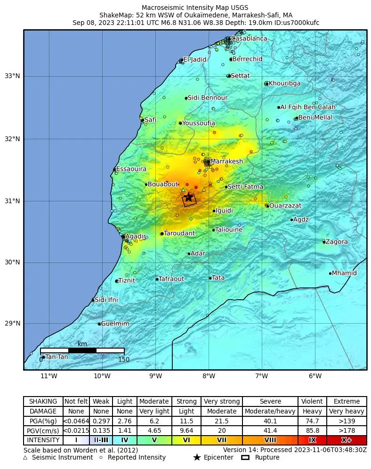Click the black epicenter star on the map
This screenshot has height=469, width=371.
coord(188,197)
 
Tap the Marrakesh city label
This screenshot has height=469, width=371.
coord(226,161)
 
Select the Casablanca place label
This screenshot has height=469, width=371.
coord(249,39)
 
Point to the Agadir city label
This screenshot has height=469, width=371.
coord(136,236)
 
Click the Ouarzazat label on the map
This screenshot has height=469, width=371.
coord(285,206)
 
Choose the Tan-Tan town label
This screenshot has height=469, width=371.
coord(56,357)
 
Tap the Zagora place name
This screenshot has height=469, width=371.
coord(337,242)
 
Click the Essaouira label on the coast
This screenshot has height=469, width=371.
coord(131,169)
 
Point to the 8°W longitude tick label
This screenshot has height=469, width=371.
coord(209,376)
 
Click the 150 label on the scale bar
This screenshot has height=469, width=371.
coord(124,360)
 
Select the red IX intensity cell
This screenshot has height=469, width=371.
coord(312,440)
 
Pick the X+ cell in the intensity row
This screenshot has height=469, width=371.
coord(347,440)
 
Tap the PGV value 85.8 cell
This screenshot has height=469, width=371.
coord(312,430)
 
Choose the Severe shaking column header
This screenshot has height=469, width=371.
coord(270,401)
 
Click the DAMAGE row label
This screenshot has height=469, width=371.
coord(43,411)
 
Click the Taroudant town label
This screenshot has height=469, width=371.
coord(179,233)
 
